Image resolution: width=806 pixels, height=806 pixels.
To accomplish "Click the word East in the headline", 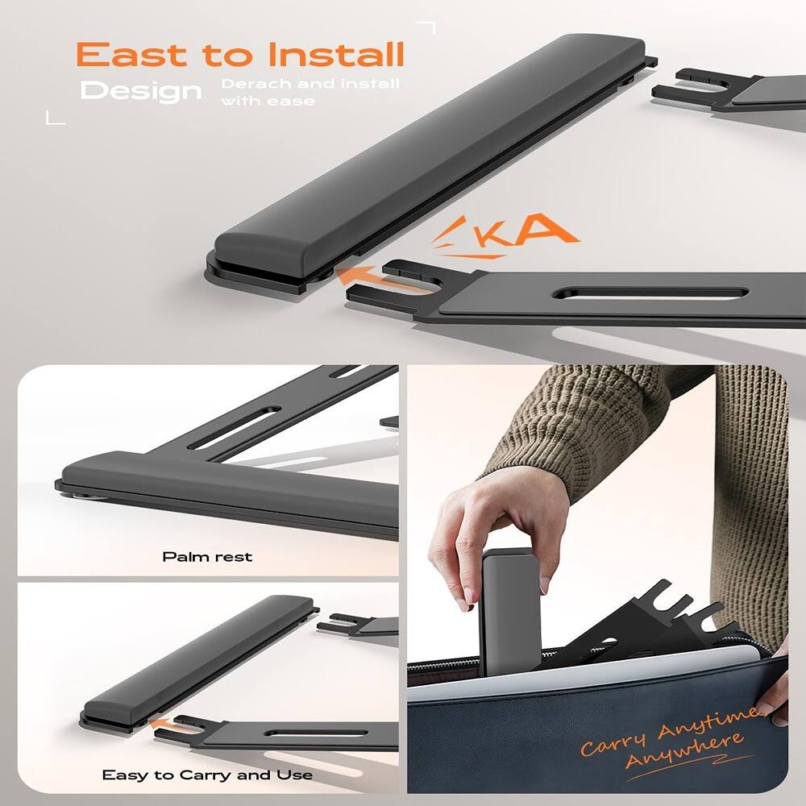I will coord(134,55).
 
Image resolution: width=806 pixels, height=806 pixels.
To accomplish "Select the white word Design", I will coord(141,91).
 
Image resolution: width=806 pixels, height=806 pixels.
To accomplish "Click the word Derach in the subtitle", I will coord(251,85).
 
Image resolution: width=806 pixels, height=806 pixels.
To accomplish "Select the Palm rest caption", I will coord(207,557).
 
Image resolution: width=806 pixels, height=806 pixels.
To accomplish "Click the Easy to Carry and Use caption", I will coord(207,775).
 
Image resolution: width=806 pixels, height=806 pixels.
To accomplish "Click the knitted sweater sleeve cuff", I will coord(564,435).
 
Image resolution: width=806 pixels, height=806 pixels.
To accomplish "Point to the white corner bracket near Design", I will coord(55,118).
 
